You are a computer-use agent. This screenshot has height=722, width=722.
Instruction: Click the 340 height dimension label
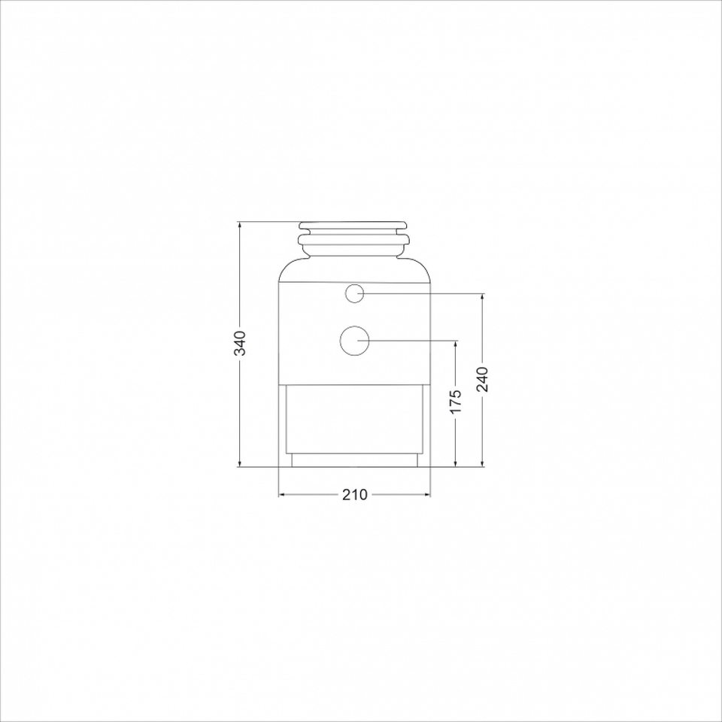[240, 343]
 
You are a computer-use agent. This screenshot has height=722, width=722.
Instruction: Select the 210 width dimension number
[354, 495]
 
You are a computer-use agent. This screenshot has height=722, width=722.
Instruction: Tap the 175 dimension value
[456, 402]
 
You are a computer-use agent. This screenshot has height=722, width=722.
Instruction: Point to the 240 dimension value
[482, 379]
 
